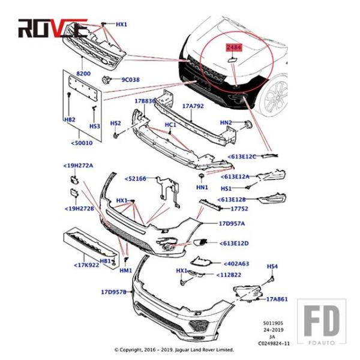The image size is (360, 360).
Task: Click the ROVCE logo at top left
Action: click(53, 27)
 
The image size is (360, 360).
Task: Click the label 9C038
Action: click(130, 79)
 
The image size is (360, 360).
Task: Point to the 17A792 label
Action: click(193, 106)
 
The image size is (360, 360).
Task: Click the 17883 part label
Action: click(145, 101)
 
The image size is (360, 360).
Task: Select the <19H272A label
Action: click(79, 165)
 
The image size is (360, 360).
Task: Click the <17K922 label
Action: click(86, 265)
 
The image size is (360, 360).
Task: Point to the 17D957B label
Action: click(113, 292)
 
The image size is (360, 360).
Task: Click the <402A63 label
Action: click(236, 263)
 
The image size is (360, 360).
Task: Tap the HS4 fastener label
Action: click(272, 266)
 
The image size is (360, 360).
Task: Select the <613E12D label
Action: click(235, 243)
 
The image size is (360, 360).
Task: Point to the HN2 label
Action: click(226, 122)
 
